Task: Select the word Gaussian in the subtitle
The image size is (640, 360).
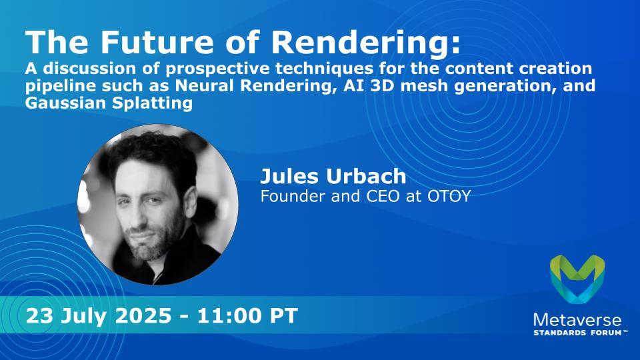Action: pyautogui.click(x=65, y=103)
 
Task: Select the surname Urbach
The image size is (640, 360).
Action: pyautogui.click(x=365, y=175)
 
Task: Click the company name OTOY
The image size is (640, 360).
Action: pyautogui.click(x=449, y=196)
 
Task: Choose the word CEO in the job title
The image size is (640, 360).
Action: pyautogui.click(x=384, y=196)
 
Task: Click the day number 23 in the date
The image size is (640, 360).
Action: pyautogui.click(x=39, y=316)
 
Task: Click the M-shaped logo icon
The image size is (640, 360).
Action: pyautogui.click(x=577, y=279)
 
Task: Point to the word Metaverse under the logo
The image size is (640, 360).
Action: pyautogui.click(x=577, y=320)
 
